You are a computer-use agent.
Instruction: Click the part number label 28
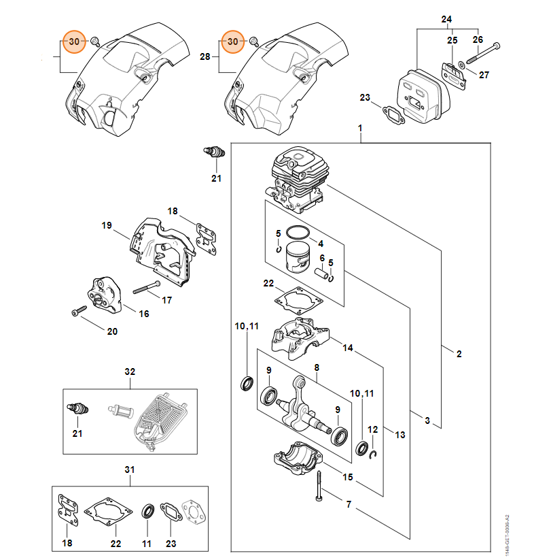click(x=204, y=58)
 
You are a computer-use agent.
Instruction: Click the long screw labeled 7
click(x=317, y=489)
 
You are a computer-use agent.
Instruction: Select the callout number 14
click(x=347, y=348)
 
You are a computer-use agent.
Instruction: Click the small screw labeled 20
click(x=75, y=312)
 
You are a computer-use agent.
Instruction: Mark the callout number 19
click(x=106, y=225)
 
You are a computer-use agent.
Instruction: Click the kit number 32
click(x=130, y=372)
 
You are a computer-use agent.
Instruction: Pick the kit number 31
click(x=130, y=470)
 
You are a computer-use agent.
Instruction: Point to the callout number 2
click(x=459, y=354)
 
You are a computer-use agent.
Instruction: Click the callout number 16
click(x=144, y=314)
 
